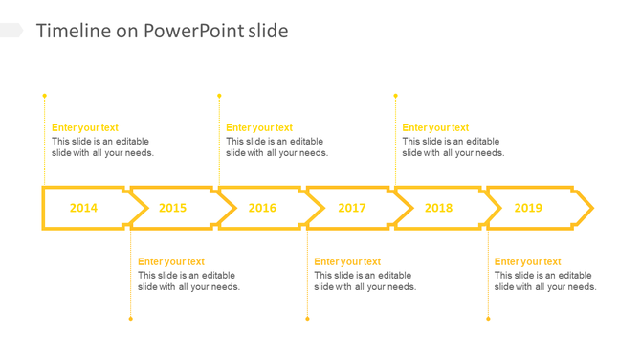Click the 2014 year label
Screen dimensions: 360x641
pos(83,208)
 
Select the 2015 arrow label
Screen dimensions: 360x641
pos(173,208)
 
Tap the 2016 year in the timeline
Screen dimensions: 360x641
pos(262,208)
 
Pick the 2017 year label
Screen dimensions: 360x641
pos(351,208)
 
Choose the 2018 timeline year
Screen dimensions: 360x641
pos(438,208)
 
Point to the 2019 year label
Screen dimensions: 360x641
pos(528,208)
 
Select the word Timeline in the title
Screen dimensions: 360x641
pos(74,31)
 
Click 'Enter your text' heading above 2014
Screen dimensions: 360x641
pos(85,127)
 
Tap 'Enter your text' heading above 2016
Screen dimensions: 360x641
pos(259,127)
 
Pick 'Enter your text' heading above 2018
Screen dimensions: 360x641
pos(435,127)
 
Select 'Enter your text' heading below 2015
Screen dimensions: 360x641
pos(171,261)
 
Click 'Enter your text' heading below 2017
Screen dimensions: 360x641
pos(347,261)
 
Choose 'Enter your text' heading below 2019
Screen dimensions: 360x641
pos(528,261)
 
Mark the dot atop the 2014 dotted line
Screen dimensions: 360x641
pos(44,96)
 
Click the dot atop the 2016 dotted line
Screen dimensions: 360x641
pos(219,96)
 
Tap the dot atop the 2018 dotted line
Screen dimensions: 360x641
pos(395,96)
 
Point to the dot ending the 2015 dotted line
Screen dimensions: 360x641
pos(131,319)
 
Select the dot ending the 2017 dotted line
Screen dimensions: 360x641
pos(307,319)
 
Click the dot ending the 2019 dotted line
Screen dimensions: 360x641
pos(488,319)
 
